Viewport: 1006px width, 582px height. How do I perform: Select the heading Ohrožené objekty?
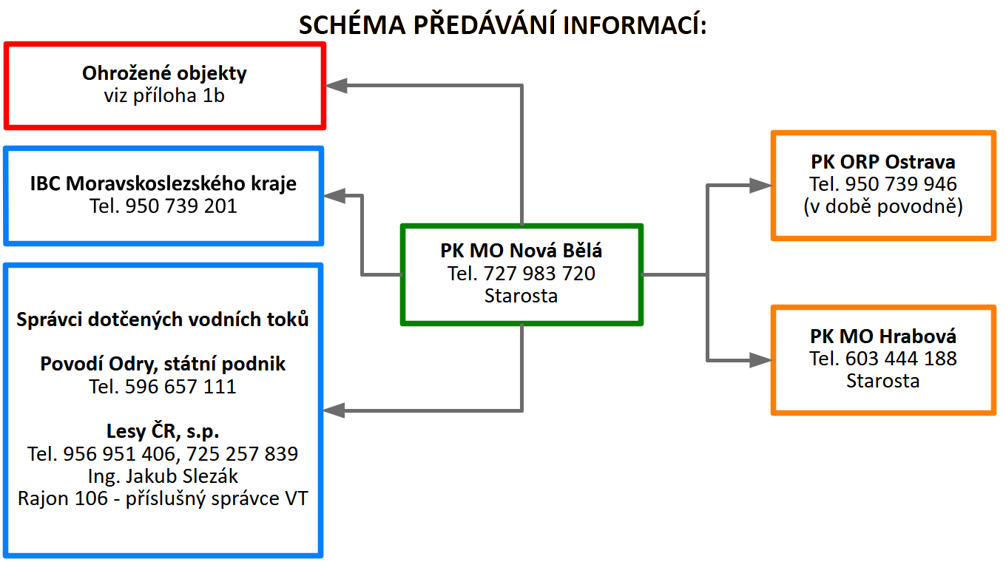click(164, 74)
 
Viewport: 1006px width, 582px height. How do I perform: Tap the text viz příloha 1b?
click(164, 95)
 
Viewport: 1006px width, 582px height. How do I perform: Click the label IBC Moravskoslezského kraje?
click(163, 183)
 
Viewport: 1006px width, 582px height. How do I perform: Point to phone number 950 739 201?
click(181, 206)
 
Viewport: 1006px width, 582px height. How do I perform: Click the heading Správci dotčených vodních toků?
click(163, 319)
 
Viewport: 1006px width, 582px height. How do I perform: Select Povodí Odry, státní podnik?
click(163, 364)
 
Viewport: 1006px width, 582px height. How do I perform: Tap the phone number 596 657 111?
click(181, 386)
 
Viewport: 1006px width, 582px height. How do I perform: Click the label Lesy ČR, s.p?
click(163, 431)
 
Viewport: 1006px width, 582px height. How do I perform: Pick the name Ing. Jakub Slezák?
click(163, 476)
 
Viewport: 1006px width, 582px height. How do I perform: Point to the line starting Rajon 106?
click(163, 498)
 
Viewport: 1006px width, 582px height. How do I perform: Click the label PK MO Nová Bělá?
click(521, 251)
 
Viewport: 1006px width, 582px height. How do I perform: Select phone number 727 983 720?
click(540, 274)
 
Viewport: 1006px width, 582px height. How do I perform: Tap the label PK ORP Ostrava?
click(883, 162)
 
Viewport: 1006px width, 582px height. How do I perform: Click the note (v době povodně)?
click(883, 206)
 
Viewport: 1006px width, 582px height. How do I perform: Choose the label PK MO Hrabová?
click(883, 336)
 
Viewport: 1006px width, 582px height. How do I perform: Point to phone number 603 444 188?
click(902, 359)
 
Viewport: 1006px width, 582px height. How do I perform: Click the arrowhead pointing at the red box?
click(337, 86)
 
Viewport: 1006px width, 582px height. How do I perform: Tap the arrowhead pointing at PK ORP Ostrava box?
click(760, 186)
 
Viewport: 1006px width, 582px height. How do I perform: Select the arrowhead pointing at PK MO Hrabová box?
click(760, 360)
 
